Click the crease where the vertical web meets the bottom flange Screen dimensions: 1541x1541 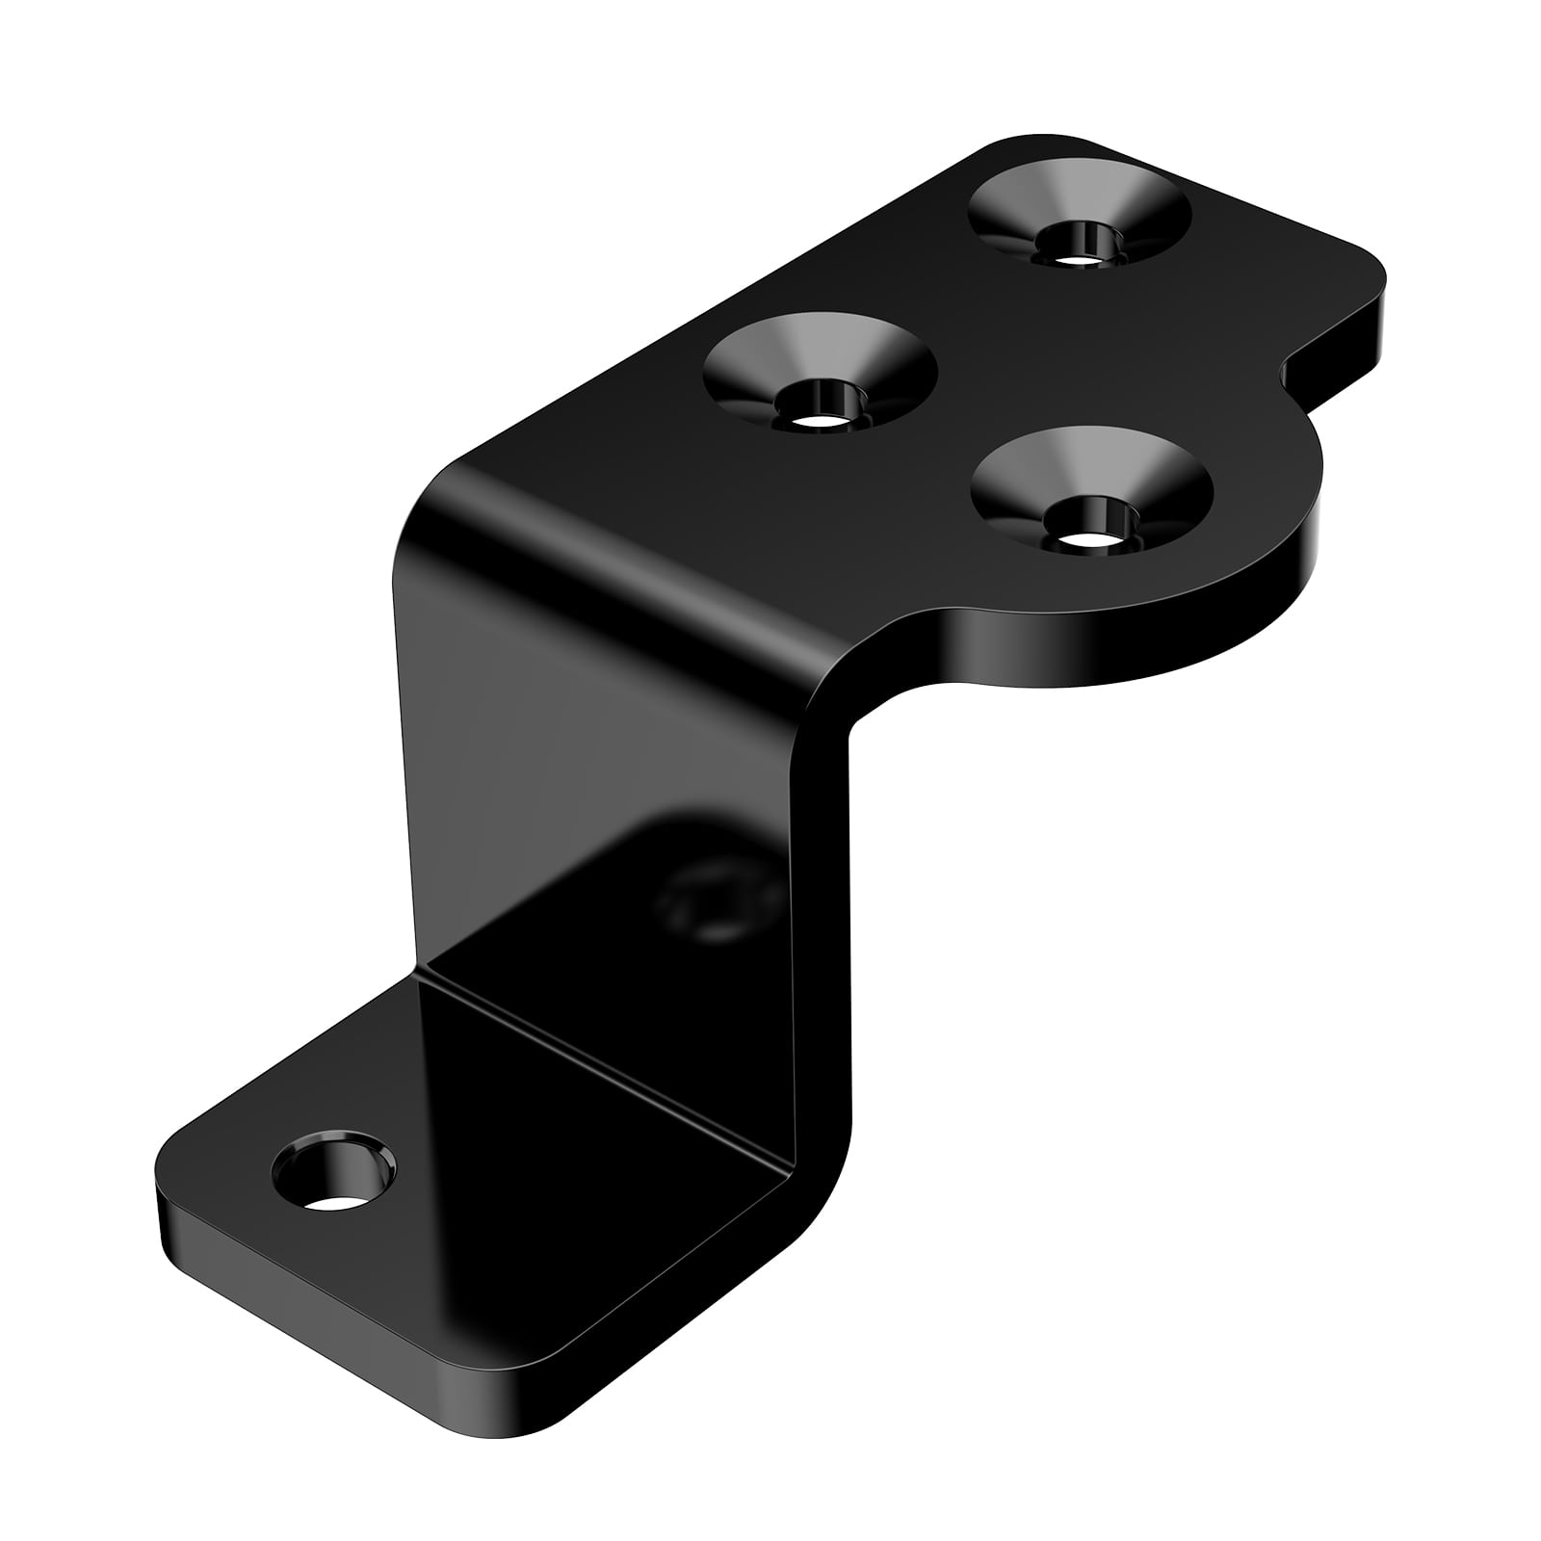pyautogui.click(x=607, y=1059)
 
